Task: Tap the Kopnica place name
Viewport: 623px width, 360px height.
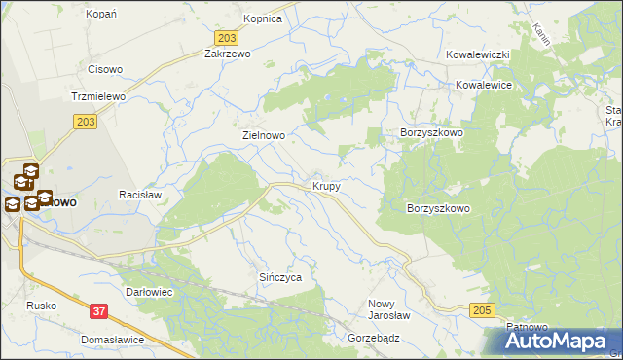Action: tap(262, 18)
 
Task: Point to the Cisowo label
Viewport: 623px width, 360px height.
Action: tap(105, 69)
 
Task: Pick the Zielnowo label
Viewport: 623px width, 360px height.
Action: tap(263, 136)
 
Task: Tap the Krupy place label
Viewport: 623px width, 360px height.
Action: tap(326, 185)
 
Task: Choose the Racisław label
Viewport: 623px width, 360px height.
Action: tap(138, 195)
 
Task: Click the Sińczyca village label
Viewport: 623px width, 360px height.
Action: tap(280, 277)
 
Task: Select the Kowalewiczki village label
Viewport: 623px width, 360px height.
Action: tap(478, 55)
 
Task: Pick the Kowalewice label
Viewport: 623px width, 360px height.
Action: tap(484, 85)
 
